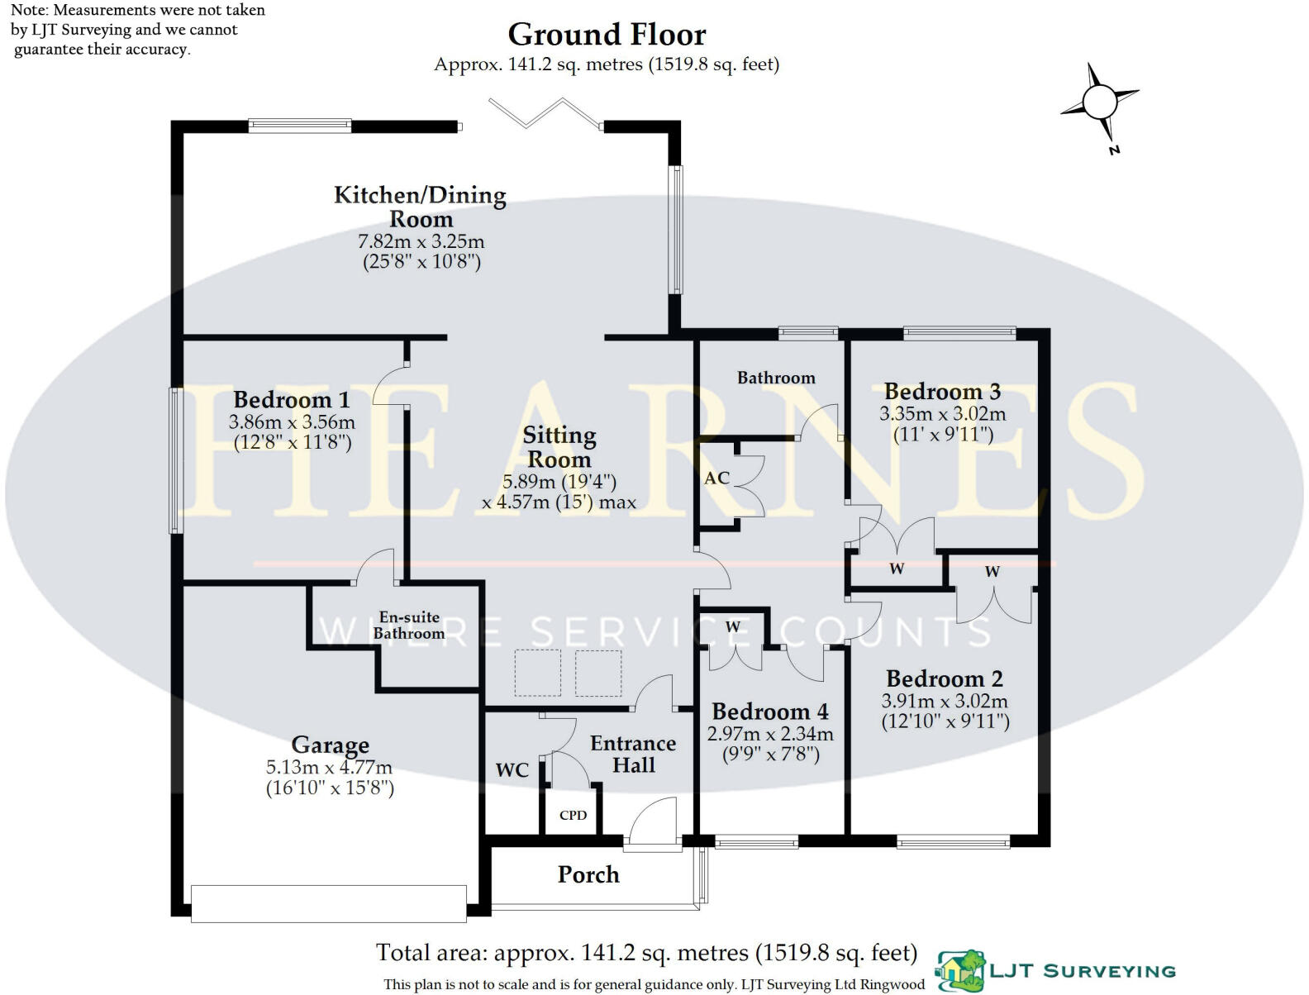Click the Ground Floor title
(607, 35)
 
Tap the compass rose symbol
(1099, 104)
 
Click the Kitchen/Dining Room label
(420, 207)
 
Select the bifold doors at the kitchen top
(545, 112)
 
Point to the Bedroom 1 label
(291, 400)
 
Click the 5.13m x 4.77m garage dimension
(329, 767)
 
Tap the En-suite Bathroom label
(409, 626)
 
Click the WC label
(512, 770)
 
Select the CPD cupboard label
(573, 816)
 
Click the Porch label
(588, 874)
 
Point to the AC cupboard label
(716, 478)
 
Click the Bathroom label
(775, 378)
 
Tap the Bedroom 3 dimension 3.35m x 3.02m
(942, 414)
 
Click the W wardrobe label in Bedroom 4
(732, 627)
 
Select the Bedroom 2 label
(944, 679)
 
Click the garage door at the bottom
(328, 903)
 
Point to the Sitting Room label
(559, 447)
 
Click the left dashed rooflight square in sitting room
(537, 673)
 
